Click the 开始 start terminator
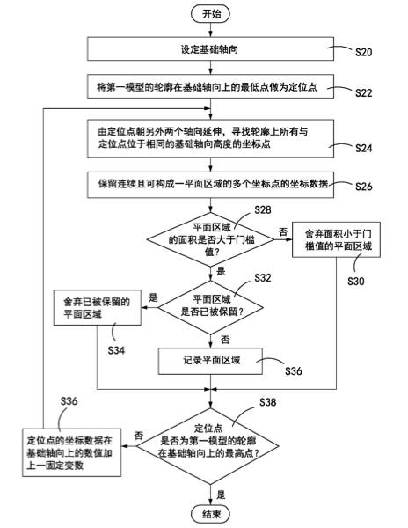(213, 13)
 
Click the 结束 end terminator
(213, 513)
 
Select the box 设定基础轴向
(213, 49)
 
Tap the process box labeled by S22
(213, 85)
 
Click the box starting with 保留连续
(213, 185)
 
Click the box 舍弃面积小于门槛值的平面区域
(338, 238)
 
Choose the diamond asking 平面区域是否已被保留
(212, 304)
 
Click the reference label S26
(364, 187)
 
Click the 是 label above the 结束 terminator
(222, 494)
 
